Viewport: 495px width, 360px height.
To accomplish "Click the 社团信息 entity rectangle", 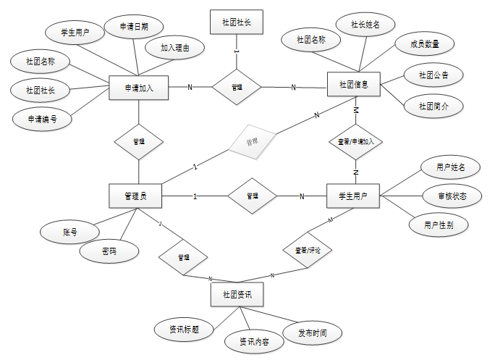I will click(353, 85).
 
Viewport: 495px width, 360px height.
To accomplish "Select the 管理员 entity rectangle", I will click(135, 196).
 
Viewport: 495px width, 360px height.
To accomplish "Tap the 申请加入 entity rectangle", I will click(137, 88).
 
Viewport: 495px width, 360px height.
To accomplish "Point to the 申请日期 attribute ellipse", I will click(135, 26).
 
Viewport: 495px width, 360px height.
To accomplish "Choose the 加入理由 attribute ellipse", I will click(175, 49).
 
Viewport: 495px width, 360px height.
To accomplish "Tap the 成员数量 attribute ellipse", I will click(423, 43).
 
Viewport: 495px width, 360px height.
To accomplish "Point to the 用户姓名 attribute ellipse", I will click(450, 168).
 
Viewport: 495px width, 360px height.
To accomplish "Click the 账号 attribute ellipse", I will click(70, 233).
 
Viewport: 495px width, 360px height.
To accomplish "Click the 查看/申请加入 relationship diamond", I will click(356, 142).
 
